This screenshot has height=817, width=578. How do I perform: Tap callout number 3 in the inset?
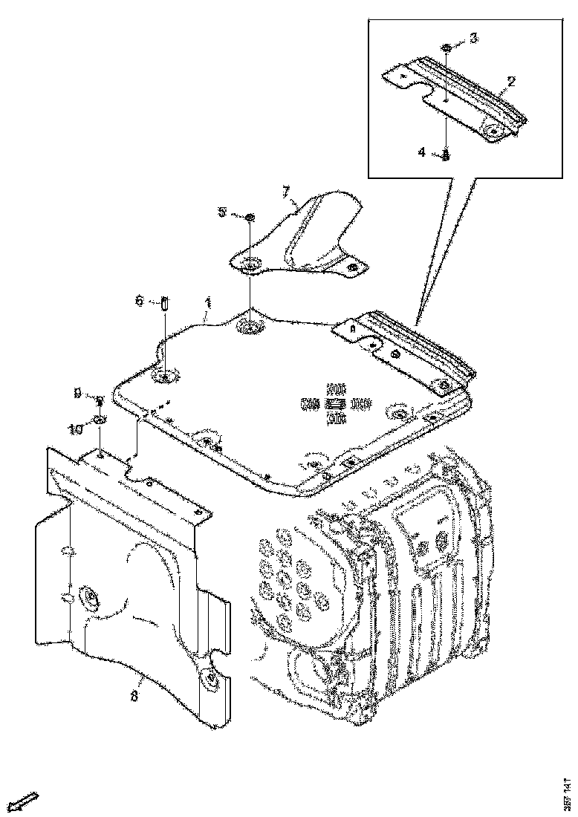(x=473, y=36)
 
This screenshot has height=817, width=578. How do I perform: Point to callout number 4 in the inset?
(x=421, y=152)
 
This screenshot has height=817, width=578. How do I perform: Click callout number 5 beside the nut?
(x=222, y=212)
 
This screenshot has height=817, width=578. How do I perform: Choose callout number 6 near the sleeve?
(x=139, y=300)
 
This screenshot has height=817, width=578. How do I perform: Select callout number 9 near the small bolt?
(x=77, y=394)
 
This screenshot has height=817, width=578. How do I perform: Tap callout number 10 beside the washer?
(x=77, y=429)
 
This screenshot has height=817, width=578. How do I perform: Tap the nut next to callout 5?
(x=250, y=217)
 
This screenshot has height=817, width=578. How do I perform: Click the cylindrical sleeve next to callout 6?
(x=165, y=303)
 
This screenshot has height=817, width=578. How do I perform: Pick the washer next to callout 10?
(x=98, y=423)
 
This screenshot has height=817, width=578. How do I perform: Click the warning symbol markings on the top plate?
(x=336, y=404)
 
